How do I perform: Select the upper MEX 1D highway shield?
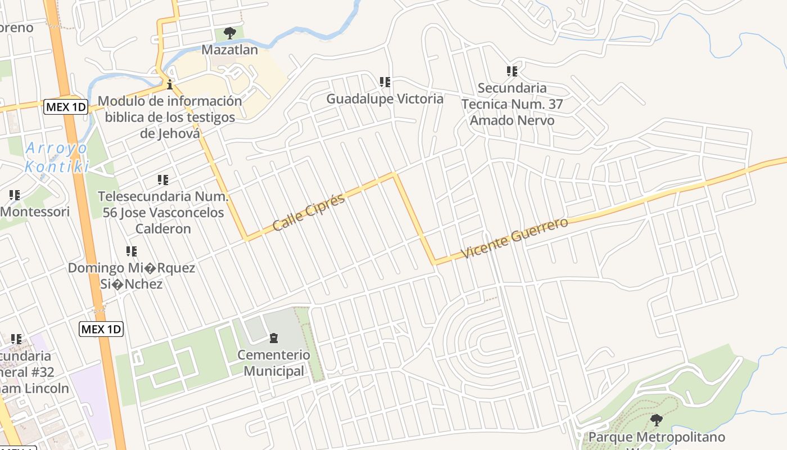coord(66,106)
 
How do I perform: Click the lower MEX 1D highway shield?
coord(101,329)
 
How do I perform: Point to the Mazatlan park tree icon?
coord(229,33)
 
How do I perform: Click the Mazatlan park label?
coord(229,49)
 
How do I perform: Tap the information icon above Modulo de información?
coord(169,85)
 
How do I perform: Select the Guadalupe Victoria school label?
coord(385,99)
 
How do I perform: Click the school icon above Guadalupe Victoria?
coord(385,82)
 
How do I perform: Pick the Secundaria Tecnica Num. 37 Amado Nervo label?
coord(512,104)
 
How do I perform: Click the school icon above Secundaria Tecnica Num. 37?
coord(512,71)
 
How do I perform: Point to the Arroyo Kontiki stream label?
coord(57,157)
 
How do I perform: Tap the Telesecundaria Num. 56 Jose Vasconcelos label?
coord(163,213)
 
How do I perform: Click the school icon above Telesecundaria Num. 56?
coord(163,180)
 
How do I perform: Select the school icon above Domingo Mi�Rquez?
coord(132,251)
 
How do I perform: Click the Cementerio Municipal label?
coord(274,363)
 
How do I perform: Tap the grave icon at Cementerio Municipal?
coord(274,338)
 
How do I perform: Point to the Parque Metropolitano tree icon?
coord(656,420)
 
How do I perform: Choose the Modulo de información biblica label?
coord(170,117)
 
